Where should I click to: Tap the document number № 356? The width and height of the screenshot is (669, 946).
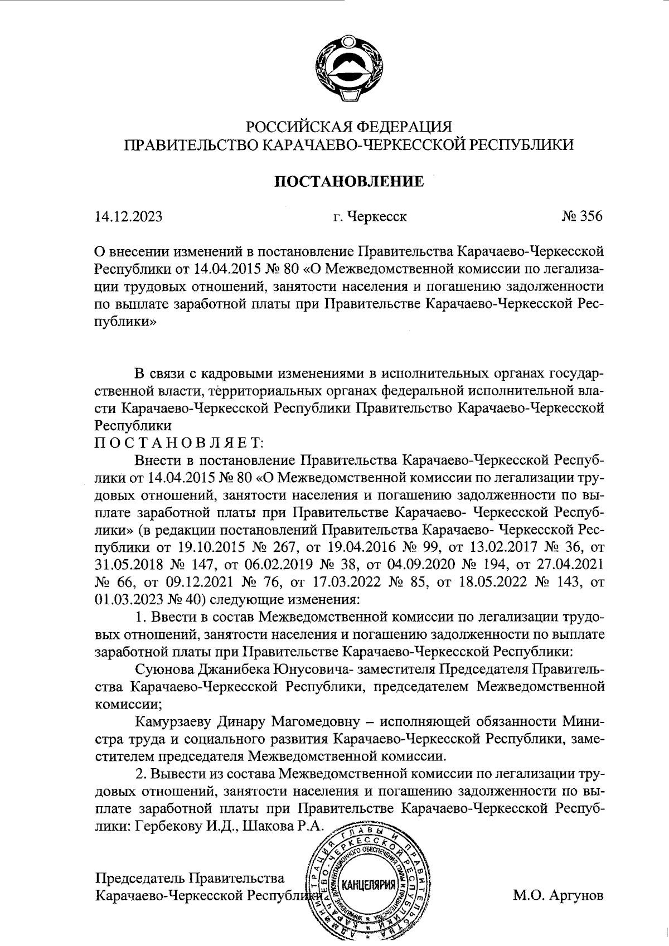click(x=582, y=216)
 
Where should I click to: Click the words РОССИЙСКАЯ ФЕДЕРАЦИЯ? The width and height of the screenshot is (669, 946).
click(x=349, y=127)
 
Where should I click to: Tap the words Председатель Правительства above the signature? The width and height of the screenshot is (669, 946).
click(x=190, y=863)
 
